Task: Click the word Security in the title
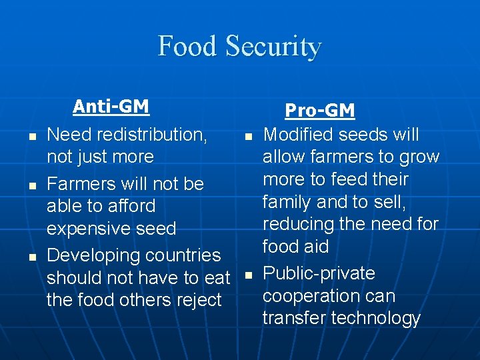click(x=273, y=47)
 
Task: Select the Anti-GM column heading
click(x=111, y=107)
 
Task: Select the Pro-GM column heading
click(x=320, y=111)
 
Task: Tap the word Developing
click(x=93, y=255)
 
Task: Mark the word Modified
click(x=298, y=135)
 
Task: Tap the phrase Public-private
click(x=319, y=273)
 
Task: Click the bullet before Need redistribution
click(x=31, y=136)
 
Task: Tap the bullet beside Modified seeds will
click(x=247, y=136)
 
